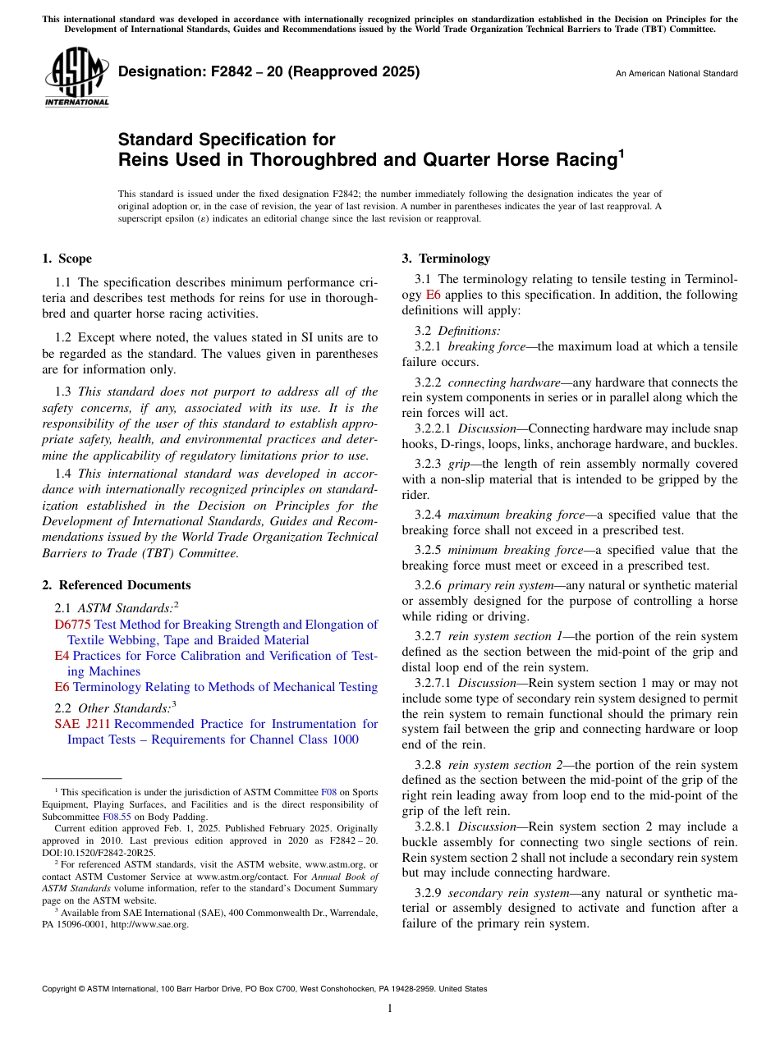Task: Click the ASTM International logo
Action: coord(76,76)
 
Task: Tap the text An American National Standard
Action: coord(677,74)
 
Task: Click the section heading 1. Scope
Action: coord(67,259)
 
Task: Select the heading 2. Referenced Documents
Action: coord(117,585)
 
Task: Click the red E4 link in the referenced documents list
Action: coord(61,656)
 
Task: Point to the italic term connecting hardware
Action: coord(502,382)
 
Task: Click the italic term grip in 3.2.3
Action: coord(458,465)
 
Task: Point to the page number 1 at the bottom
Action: coord(389,1009)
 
